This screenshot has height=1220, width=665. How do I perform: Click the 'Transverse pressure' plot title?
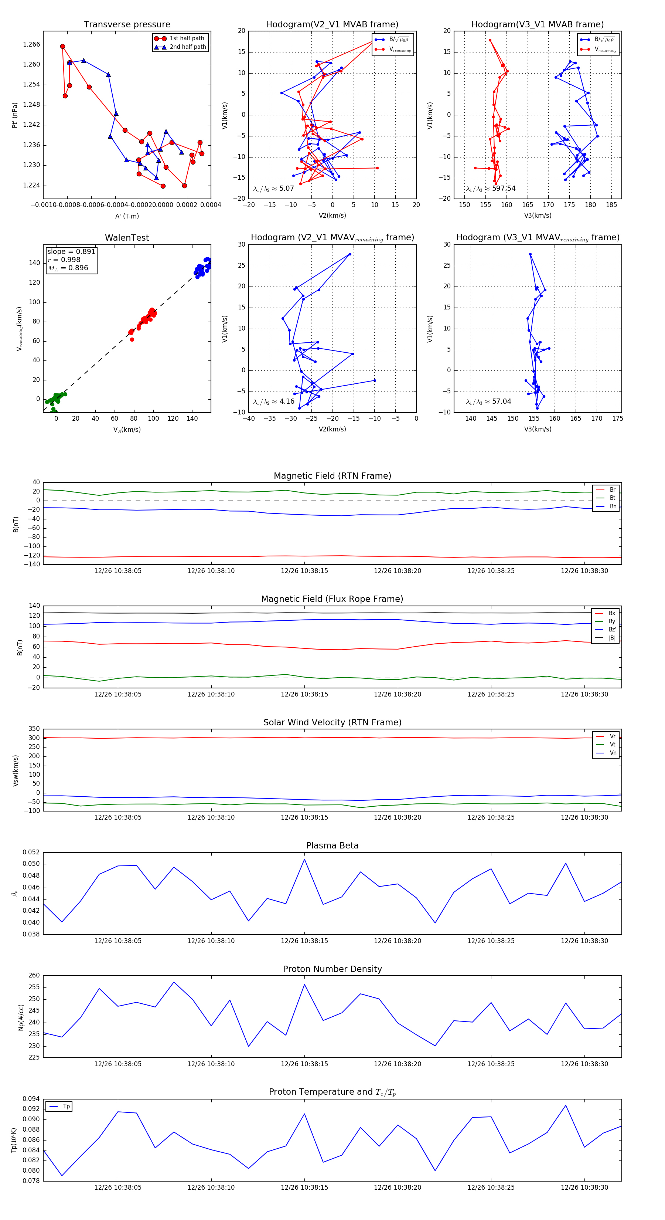pyautogui.click(x=127, y=25)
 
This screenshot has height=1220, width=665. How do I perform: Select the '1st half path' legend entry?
pyautogui.click(x=187, y=38)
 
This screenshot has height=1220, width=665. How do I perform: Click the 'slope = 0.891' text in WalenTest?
pyautogui.click(x=71, y=251)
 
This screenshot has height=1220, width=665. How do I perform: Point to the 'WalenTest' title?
pyautogui.click(x=127, y=238)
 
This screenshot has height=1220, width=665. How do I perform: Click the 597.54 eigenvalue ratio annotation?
pyautogui.click(x=504, y=189)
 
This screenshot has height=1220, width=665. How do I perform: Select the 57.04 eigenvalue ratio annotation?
pyautogui.click(x=501, y=401)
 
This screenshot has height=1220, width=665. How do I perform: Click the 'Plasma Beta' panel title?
pyautogui.click(x=332, y=845)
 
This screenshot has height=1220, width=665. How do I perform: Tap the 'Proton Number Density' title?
pyautogui.click(x=332, y=969)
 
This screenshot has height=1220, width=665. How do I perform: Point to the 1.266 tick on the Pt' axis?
pyautogui.click(x=32, y=44)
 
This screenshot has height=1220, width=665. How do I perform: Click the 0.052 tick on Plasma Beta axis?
pyautogui.click(x=31, y=852)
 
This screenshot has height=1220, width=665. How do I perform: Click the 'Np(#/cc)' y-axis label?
pyautogui.click(x=21, y=1017)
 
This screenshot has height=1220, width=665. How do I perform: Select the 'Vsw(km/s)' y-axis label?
pyautogui.click(x=16, y=770)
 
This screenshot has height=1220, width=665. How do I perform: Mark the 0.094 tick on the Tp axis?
pyautogui.click(x=31, y=1099)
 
